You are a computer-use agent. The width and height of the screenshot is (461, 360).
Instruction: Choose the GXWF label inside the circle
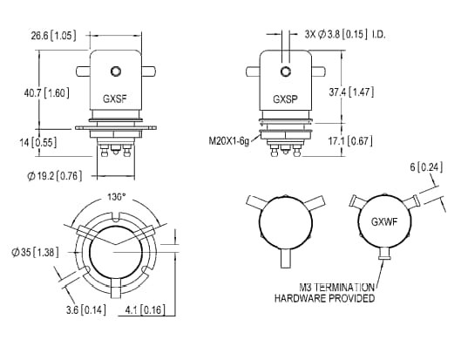tap(384, 222)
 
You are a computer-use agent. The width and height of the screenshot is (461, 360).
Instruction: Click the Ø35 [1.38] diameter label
tap(37, 251)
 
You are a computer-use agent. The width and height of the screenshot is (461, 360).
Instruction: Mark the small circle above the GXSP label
tap(285, 71)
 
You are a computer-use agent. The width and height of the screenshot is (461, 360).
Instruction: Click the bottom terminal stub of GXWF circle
tap(384, 254)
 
